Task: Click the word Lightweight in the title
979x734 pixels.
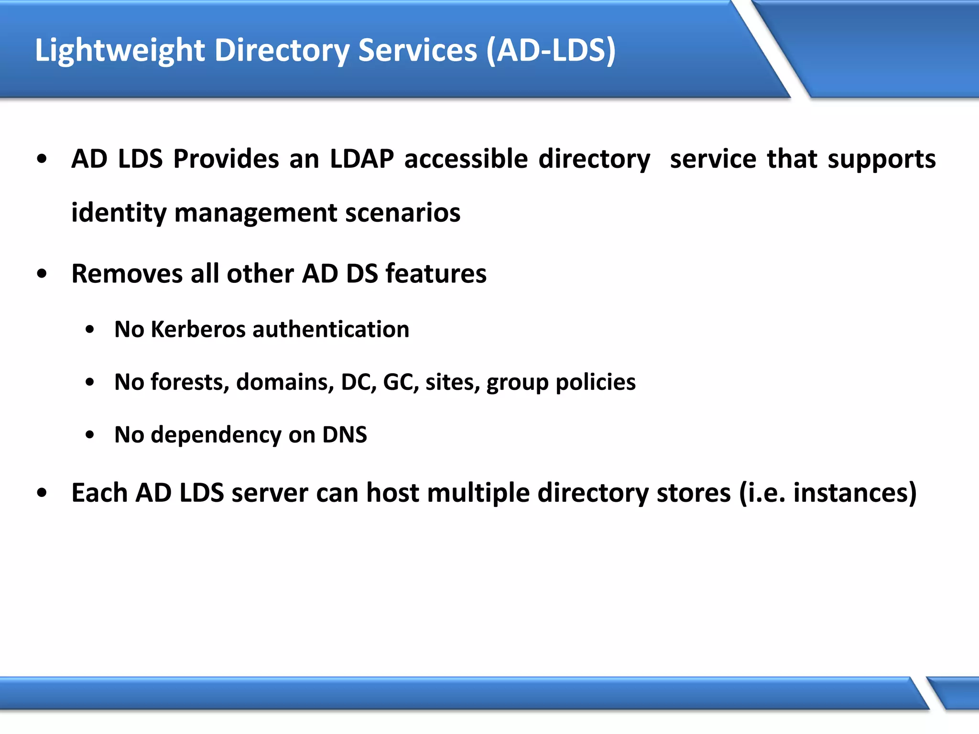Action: click(120, 50)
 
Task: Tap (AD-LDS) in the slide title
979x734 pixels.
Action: click(551, 50)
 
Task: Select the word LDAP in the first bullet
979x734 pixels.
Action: click(362, 159)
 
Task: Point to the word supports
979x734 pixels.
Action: click(881, 160)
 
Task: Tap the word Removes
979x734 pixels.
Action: click(126, 274)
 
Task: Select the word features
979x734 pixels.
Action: click(435, 274)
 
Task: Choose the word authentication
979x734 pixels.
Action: click(331, 330)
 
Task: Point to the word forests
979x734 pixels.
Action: click(190, 382)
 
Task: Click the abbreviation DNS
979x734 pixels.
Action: click(344, 435)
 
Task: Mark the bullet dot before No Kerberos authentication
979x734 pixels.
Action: click(90, 330)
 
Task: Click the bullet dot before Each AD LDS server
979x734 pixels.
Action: click(42, 493)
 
